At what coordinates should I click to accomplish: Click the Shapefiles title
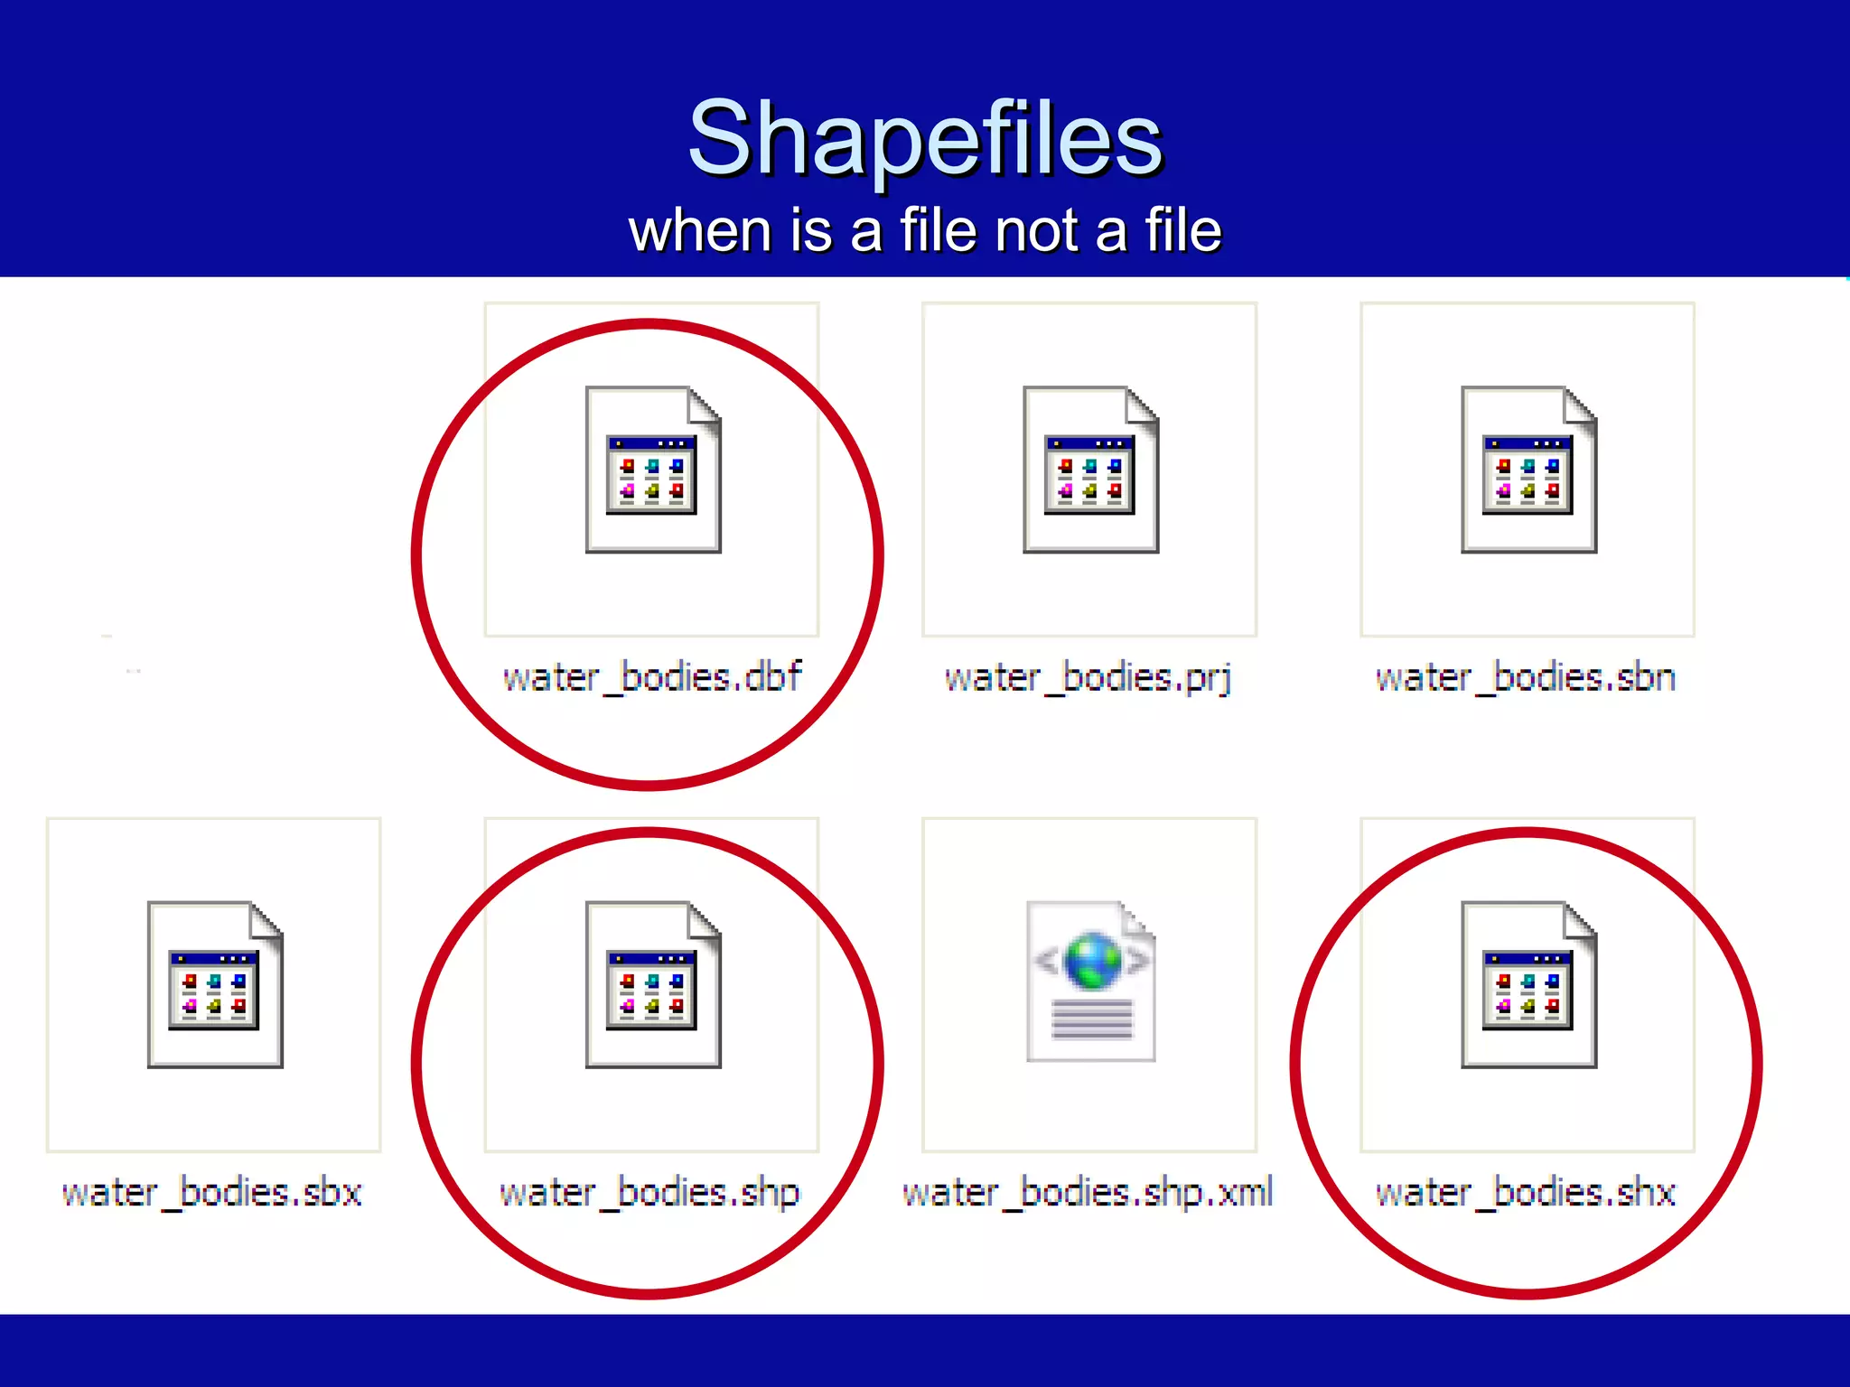point(925,138)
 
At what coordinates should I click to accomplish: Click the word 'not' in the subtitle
point(1036,230)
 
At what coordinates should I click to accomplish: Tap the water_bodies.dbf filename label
point(652,677)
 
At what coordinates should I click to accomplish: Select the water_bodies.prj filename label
point(1089,677)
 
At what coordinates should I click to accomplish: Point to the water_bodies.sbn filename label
point(1526,677)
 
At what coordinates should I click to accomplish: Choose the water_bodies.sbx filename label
point(212,1193)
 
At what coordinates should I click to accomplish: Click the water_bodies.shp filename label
point(650,1193)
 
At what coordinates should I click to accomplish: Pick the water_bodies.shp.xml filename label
point(1089,1193)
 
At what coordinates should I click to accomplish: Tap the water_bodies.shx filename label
point(1526,1193)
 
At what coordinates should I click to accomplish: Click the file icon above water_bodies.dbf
point(652,470)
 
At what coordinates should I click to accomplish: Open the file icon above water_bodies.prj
point(1090,470)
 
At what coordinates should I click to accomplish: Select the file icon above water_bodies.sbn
point(1528,470)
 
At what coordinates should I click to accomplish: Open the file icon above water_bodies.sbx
point(215,984)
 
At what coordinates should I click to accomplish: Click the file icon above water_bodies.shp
point(652,984)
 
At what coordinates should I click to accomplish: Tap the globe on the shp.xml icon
point(1093,960)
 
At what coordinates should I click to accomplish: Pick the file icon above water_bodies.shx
point(1528,984)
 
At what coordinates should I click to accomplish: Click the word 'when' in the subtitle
point(699,230)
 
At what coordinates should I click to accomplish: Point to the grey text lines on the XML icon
point(1091,1021)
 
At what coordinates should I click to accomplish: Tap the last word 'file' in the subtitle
point(1182,230)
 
